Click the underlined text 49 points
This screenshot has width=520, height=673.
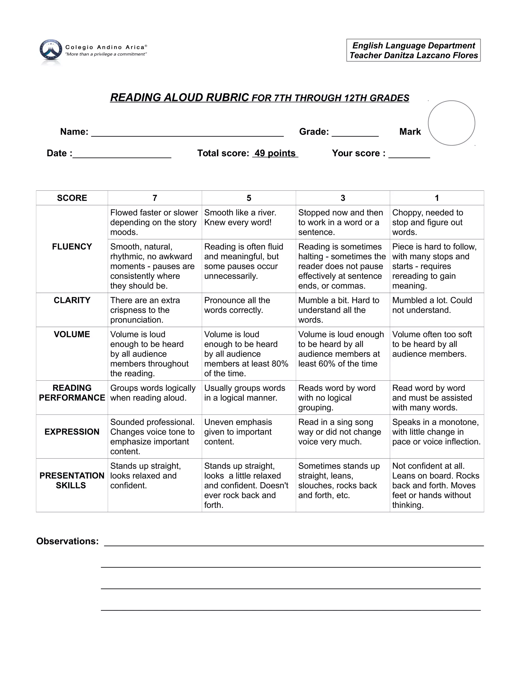(x=275, y=153)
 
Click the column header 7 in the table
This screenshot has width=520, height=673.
(x=155, y=198)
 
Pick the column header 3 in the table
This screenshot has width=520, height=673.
(x=343, y=198)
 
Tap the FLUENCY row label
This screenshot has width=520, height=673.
(x=72, y=247)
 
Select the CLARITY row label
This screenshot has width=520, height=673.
(x=72, y=300)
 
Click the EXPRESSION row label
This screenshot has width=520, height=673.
(x=72, y=432)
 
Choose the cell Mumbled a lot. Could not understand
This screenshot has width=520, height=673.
(x=432, y=305)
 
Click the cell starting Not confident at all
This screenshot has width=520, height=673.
(x=436, y=485)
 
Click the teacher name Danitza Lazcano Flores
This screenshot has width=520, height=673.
(x=426, y=55)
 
